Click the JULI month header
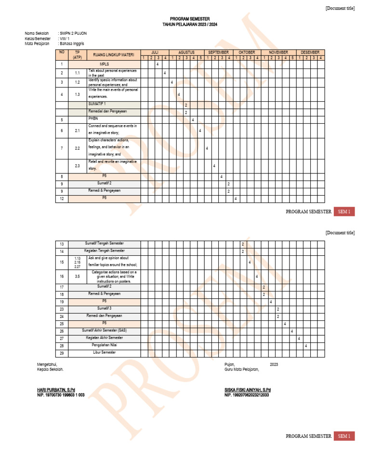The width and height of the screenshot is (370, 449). pyautogui.click(x=155, y=52)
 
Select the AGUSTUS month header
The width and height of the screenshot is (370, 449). pyautogui.click(x=186, y=52)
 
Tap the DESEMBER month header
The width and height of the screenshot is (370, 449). pyautogui.click(x=310, y=52)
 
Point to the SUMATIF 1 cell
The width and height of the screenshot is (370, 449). pyautogui.click(x=97, y=104)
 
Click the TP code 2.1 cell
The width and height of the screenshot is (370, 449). pyautogui.click(x=77, y=131)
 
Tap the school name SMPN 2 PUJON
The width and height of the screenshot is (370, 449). pyautogui.click(x=72, y=33)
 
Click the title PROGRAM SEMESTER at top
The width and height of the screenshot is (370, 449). pyautogui.click(x=189, y=19)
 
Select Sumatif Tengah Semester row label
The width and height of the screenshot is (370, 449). pyautogui.click(x=105, y=244)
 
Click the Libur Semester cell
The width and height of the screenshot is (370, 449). pyautogui.click(x=105, y=353)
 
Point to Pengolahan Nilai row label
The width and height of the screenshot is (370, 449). pyautogui.click(x=105, y=345)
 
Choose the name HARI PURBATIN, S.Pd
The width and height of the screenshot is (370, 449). pyautogui.click(x=56, y=389)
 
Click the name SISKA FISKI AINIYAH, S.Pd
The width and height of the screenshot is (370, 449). pyautogui.click(x=248, y=389)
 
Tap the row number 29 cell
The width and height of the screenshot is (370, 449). pyautogui.click(x=62, y=353)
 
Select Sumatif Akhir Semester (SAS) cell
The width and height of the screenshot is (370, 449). pyautogui.click(x=105, y=331)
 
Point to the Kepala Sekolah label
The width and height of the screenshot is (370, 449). pyautogui.click(x=50, y=370)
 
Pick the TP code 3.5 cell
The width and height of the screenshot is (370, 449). pyautogui.click(x=77, y=277)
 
